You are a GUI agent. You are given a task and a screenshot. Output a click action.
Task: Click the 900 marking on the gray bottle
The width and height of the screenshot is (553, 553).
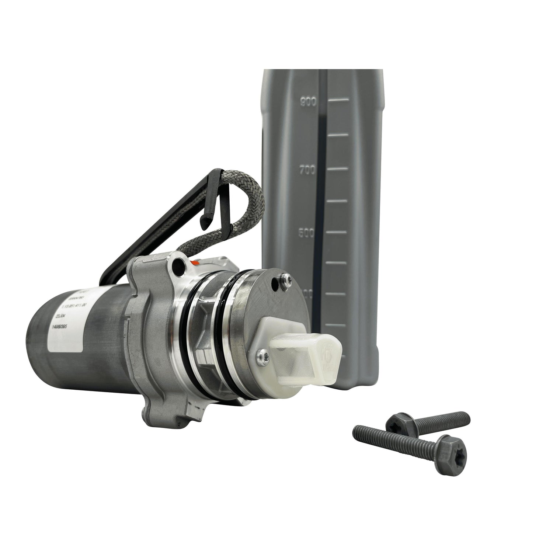tap(307, 102)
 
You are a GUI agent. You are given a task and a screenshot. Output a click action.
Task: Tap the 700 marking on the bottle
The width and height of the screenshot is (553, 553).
tap(307, 171)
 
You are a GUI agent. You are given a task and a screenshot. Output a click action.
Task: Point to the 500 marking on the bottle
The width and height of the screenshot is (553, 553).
tap(307, 233)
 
